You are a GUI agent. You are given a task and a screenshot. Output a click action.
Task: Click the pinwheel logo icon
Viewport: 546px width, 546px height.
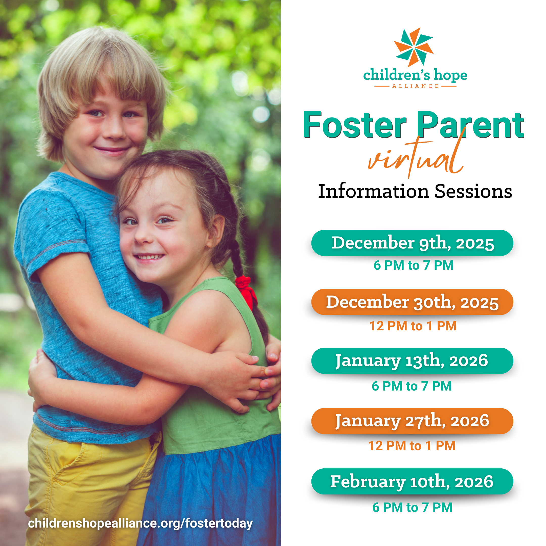[x=414, y=47]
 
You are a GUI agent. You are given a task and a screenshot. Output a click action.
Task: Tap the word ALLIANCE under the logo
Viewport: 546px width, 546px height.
[x=415, y=86]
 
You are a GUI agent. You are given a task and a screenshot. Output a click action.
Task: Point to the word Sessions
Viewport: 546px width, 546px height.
[x=473, y=191]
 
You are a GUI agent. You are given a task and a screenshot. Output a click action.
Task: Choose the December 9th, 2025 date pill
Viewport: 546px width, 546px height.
[x=412, y=243]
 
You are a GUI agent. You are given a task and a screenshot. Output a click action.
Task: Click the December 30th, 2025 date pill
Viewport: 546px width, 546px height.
[x=412, y=302]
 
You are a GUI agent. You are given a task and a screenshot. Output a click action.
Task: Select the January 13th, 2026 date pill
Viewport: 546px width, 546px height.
[x=412, y=361]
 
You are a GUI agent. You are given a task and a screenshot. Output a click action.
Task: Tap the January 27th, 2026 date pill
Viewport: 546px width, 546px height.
[x=412, y=421]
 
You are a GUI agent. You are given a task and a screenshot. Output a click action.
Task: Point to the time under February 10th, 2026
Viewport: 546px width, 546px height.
[x=412, y=507]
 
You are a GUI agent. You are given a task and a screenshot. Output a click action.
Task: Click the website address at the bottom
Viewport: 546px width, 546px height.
[x=141, y=523]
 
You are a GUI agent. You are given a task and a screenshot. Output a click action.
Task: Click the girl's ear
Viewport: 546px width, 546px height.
[x=217, y=229]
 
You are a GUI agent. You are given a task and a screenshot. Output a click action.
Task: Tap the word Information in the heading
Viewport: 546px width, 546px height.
[x=374, y=191]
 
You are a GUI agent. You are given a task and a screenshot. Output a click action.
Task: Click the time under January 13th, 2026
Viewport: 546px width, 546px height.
[x=412, y=386]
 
